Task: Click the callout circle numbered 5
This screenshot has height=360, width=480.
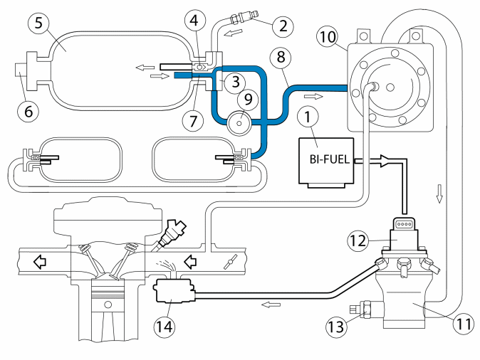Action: (x=38, y=23)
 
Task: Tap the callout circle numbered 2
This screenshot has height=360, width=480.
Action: (x=283, y=26)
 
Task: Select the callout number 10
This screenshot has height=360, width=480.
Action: (x=328, y=37)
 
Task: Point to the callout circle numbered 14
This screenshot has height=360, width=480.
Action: (x=165, y=327)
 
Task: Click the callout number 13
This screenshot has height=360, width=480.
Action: (x=337, y=327)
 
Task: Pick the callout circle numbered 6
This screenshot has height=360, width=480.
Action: (x=28, y=111)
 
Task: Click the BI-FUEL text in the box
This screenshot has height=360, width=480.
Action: (x=330, y=159)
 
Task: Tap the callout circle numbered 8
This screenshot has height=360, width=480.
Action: (x=281, y=57)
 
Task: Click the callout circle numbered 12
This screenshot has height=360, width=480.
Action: (x=358, y=240)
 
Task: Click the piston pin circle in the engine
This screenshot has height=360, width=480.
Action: (x=108, y=305)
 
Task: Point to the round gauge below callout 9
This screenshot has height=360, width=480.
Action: (x=239, y=123)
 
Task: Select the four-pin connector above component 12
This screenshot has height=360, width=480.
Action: (x=404, y=224)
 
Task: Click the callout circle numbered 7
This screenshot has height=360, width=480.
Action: (x=193, y=121)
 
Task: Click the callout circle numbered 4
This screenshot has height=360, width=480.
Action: (x=194, y=21)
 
